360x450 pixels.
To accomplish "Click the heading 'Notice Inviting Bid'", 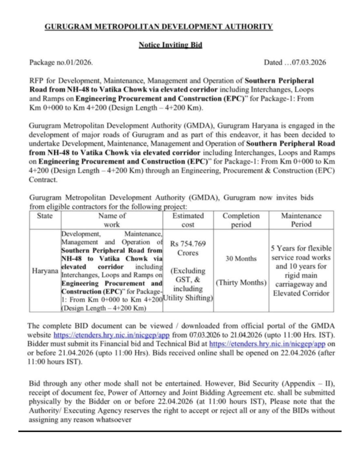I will coord(171,45).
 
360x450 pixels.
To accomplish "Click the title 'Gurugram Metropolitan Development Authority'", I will coord(159,27).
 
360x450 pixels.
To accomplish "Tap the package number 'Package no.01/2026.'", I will coord(61,62).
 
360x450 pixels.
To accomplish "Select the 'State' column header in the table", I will coord(45,216).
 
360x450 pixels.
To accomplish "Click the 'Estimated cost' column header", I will coord(188,220).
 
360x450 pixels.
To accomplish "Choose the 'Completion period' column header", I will coord(241,220).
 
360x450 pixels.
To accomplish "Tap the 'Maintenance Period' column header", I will coord(301,220).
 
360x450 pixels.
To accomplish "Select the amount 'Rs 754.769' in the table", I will coord(188,244).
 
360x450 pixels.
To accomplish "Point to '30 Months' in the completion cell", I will coord(241,259).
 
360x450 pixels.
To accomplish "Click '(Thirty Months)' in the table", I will coord(241,282).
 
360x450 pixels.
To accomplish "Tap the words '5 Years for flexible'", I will coord(302,248).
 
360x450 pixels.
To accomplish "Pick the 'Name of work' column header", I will coord(112,220).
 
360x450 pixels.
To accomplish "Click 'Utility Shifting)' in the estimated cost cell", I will coord(188,298).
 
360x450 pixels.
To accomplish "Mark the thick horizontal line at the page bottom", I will coord(180,432).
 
